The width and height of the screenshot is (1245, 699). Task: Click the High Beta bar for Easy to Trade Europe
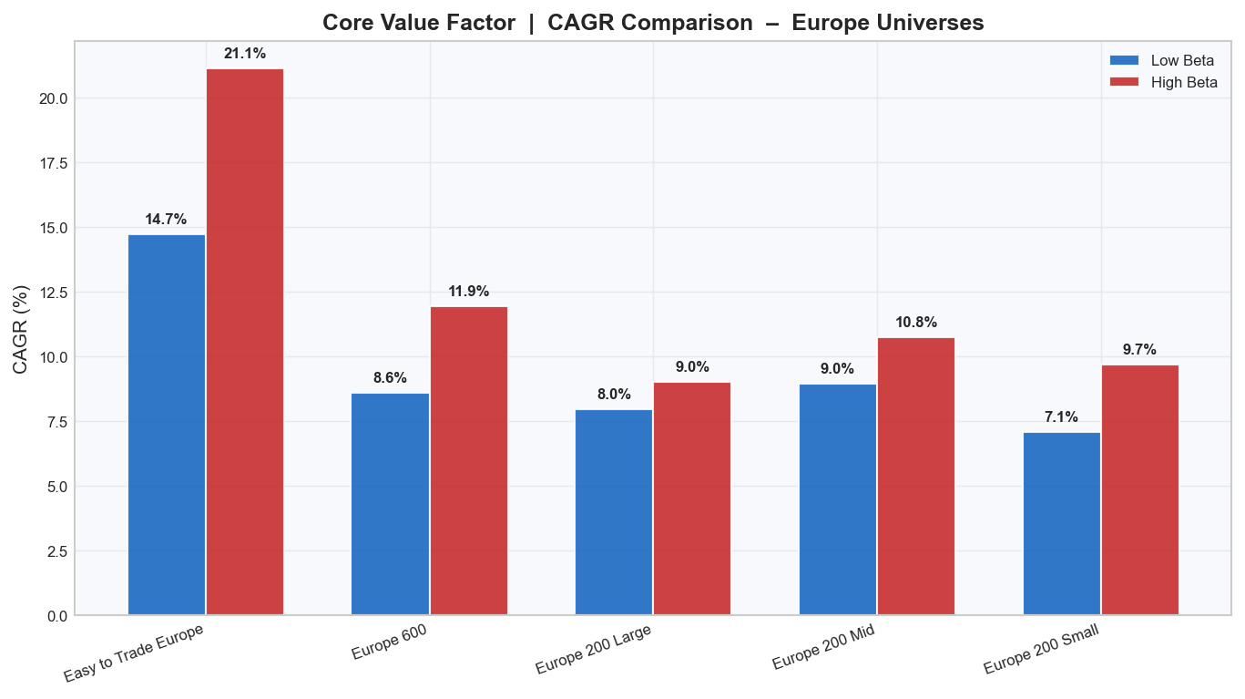point(245,342)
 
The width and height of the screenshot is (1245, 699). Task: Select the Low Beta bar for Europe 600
point(390,504)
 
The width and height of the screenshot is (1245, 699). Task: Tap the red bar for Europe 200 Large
point(692,499)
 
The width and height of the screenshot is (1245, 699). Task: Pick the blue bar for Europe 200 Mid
point(838,499)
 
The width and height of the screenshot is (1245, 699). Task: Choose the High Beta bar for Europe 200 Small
point(1140,489)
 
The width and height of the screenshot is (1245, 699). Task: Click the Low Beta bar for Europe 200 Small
point(1062,523)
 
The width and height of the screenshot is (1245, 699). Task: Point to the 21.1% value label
point(245,54)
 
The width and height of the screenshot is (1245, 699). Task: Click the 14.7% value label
point(166,220)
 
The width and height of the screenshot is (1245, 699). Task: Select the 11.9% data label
point(469,292)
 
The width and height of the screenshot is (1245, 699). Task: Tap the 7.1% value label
point(1062,417)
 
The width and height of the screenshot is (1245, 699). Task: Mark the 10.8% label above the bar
point(916,323)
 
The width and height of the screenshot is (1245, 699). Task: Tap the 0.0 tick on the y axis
point(56,616)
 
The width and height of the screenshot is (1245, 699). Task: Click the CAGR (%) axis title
point(22,328)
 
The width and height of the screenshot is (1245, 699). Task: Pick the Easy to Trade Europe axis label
point(134,653)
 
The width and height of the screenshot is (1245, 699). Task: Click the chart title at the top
point(653,23)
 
